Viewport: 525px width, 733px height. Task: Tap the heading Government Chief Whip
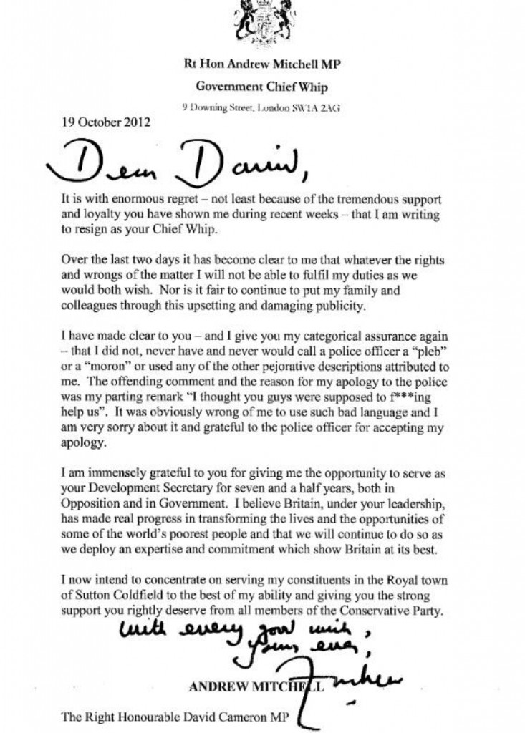tap(266, 87)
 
